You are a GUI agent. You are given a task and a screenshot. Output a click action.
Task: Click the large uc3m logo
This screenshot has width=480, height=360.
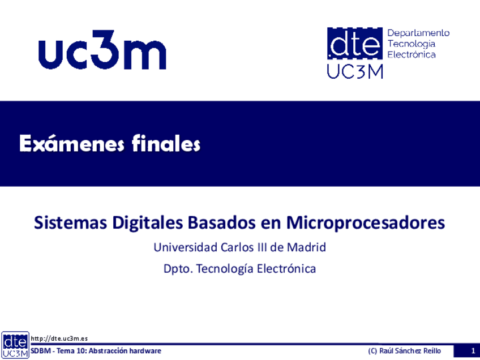(x=102, y=50)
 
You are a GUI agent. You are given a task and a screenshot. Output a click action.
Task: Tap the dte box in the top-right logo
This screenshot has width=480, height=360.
(x=355, y=43)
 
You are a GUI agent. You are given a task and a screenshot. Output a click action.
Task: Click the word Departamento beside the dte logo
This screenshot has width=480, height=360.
(x=418, y=33)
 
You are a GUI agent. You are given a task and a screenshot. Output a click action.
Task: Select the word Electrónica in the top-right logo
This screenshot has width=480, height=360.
(x=412, y=54)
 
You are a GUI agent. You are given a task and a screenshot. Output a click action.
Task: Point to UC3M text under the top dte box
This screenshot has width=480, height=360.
(x=355, y=71)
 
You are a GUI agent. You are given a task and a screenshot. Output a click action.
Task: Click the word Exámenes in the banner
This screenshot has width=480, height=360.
(x=72, y=143)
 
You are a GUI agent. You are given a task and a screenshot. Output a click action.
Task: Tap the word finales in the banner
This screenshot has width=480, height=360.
(x=166, y=143)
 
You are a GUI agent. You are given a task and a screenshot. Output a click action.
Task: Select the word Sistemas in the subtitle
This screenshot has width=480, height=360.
(x=70, y=222)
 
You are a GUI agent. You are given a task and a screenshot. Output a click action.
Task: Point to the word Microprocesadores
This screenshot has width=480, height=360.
(x=366, y=223)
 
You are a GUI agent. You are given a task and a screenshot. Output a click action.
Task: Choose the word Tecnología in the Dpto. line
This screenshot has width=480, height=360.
(x=225, y=269)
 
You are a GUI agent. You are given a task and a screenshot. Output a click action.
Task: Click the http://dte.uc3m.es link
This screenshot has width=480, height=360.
(x=59, y=338)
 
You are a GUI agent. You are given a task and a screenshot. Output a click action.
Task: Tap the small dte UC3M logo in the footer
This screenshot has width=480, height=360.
(x=15, y=345)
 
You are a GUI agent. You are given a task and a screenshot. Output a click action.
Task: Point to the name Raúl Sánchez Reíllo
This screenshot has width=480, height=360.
(x=410, y=351)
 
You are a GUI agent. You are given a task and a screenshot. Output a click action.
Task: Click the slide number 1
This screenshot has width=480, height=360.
(x=473, y=351)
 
